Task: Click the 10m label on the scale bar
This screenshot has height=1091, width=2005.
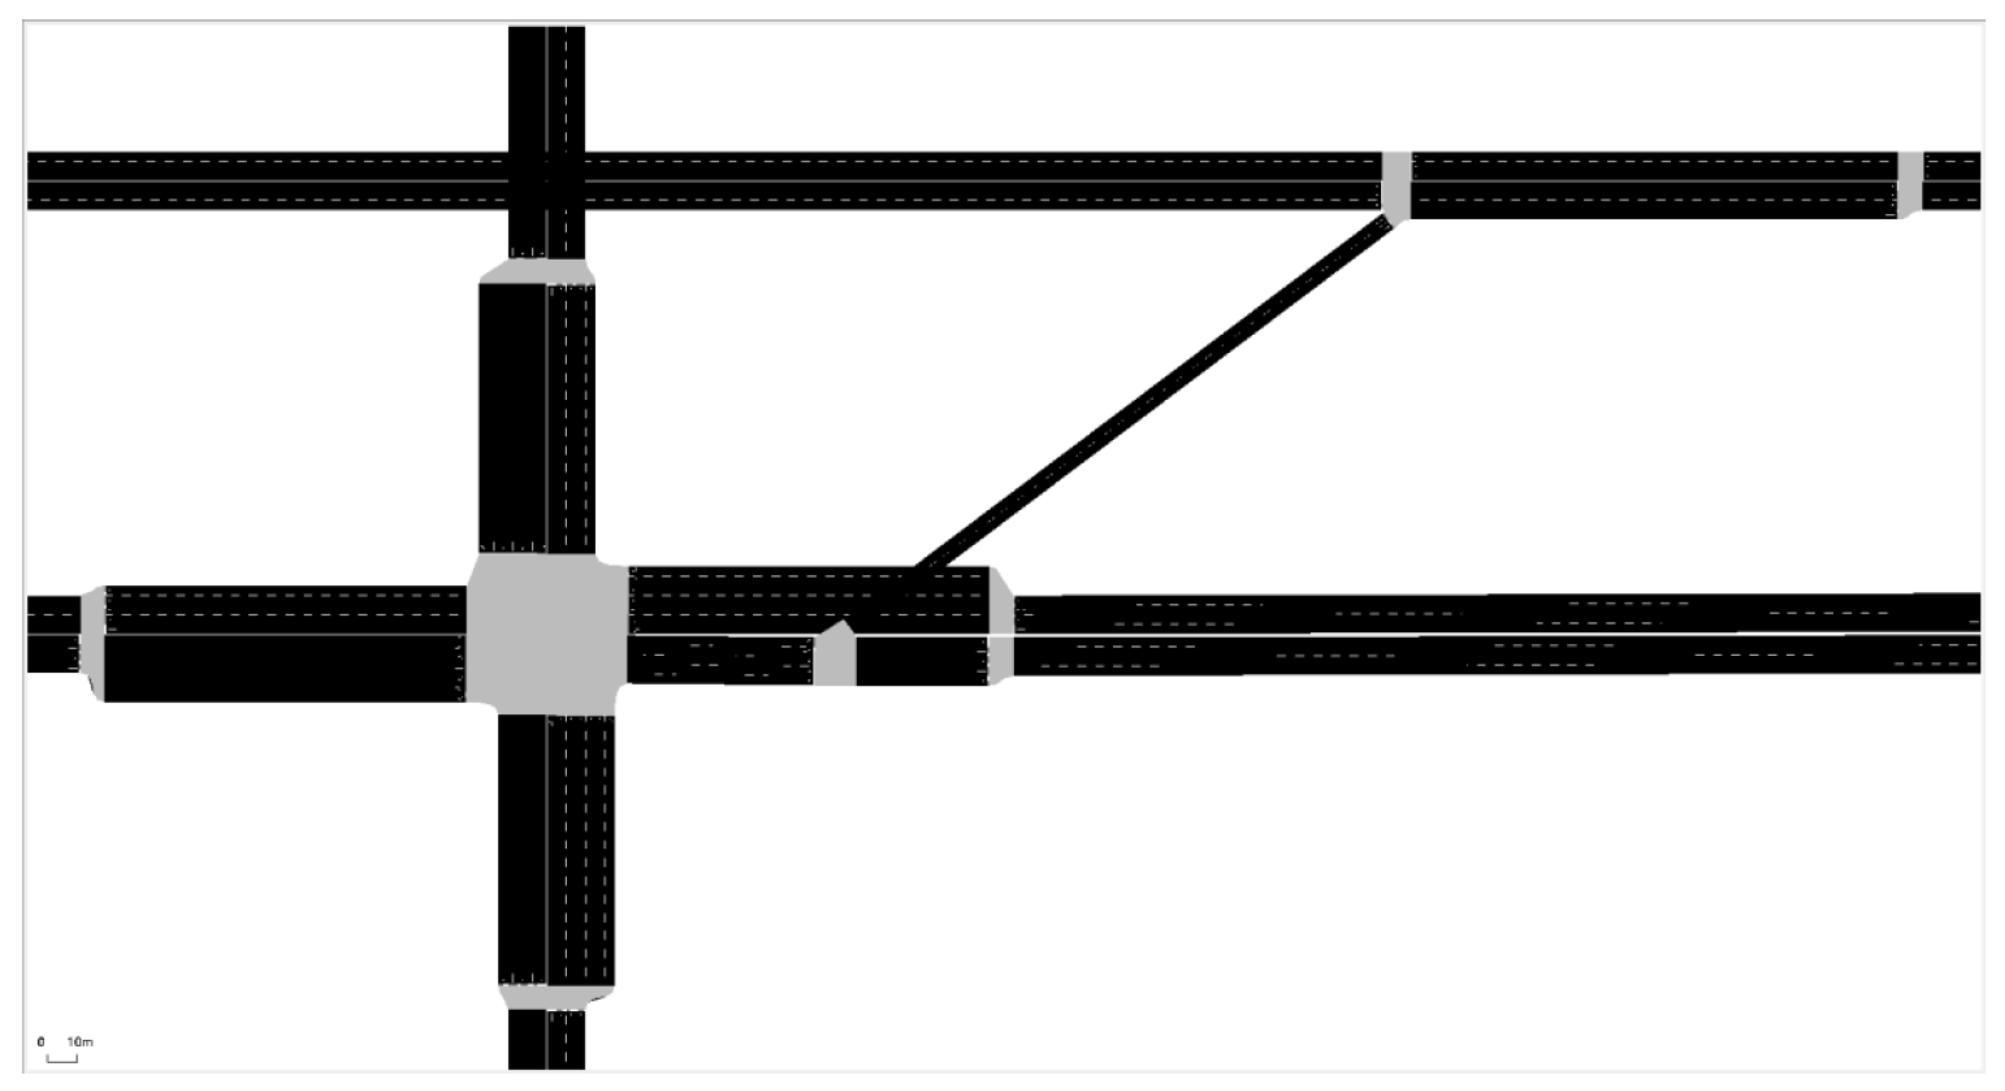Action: click(x=79, y=1041)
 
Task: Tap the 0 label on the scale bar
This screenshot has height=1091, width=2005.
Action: click(x=41, y=1041)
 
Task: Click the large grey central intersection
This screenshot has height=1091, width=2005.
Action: click(x=546, y=634)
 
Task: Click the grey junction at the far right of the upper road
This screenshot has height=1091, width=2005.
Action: click(x=1909, y=185)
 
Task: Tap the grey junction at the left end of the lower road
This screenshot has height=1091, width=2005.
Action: click(x=93, y=642)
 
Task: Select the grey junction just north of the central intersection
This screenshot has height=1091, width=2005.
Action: click(x=537, y=271)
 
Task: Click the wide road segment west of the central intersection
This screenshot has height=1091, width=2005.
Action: click(x=285, y=644)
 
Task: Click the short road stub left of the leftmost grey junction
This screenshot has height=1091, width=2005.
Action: click(x=53, y=634)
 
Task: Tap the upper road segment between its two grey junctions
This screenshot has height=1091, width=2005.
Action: click(x=1654, y=185)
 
